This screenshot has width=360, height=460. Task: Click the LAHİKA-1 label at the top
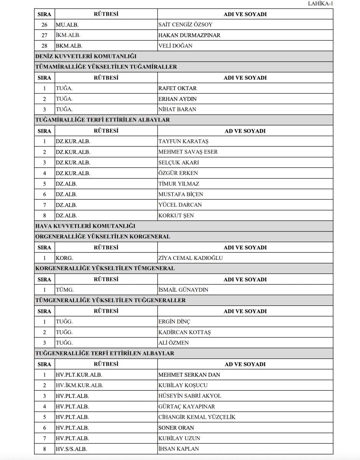(x=321, y=4)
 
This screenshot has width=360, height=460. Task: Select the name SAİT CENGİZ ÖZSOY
(x=185, y=25)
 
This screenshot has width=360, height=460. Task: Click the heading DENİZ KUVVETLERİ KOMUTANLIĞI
(x=80, y=56)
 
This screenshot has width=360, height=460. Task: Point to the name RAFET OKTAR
(x=178, y=88)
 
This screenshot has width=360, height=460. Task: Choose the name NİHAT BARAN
(x=177, y=109)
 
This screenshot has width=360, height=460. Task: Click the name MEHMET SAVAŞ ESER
(x=188, y=152)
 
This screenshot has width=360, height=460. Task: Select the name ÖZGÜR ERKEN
(x=178, y=173)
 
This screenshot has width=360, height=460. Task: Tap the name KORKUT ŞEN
(x=176, y=215)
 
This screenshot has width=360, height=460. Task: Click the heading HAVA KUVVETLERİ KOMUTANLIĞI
(x=85, y=226)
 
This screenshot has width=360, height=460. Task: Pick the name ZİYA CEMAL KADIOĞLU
(x=190, y=258)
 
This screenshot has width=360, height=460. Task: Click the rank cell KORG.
(x=64, y=258)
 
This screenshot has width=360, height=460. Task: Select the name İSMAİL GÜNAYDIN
(x=183, y=290)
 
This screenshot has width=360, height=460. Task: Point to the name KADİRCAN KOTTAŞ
(x=184, y=332)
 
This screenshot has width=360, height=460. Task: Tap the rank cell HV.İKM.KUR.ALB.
(x=79, y=385)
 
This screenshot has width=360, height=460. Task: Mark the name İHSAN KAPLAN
(x=178, y=449)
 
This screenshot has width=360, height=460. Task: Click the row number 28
(x=44, y=46)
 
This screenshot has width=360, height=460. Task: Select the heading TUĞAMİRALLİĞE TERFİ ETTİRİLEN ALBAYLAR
(x=102, y=120)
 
